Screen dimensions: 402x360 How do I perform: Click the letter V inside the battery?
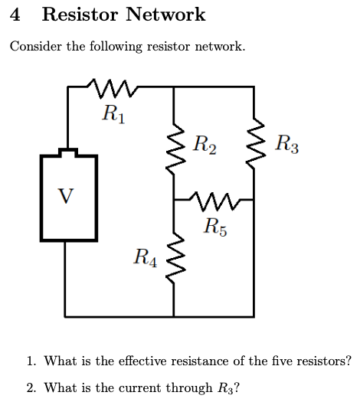(67, 196)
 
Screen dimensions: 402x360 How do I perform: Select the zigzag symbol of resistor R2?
(175, 142)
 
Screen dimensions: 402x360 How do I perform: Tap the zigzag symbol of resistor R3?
(254, 142)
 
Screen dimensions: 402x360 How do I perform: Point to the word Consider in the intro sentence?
(35, 47)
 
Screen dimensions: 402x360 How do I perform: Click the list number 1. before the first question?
(31, 361)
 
